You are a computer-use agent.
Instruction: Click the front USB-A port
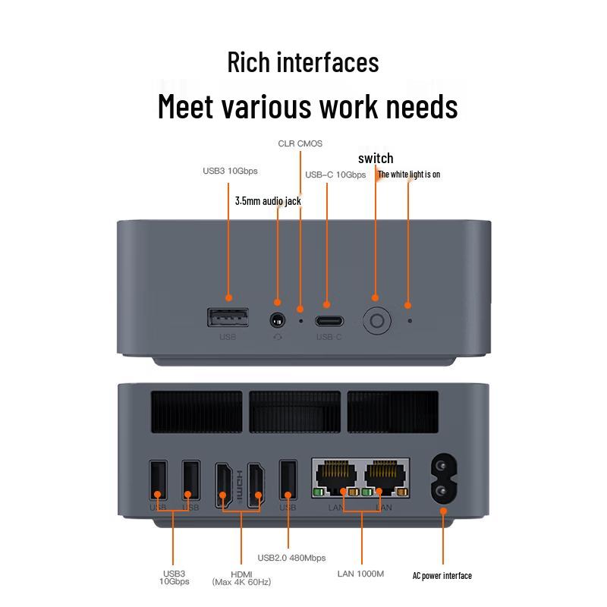228,317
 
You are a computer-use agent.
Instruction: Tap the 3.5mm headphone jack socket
277,320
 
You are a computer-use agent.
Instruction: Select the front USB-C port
329,321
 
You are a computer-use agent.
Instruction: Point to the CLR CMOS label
300,143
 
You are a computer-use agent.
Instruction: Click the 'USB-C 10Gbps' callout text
335,175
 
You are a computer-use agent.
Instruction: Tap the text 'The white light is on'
409,175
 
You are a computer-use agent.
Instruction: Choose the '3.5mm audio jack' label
268,201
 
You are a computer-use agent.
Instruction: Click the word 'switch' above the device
376,158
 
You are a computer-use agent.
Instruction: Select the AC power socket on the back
444,479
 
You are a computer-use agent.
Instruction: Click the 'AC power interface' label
442,576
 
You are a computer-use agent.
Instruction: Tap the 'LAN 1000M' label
360,574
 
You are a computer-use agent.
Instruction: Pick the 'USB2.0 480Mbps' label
291,558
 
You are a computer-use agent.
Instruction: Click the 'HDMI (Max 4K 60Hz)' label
241,578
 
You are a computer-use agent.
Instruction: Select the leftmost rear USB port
159,480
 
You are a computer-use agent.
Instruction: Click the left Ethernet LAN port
336,478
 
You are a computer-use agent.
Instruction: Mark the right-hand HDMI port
256,484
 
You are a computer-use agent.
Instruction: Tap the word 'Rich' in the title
249,62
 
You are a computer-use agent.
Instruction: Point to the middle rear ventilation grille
295,411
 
